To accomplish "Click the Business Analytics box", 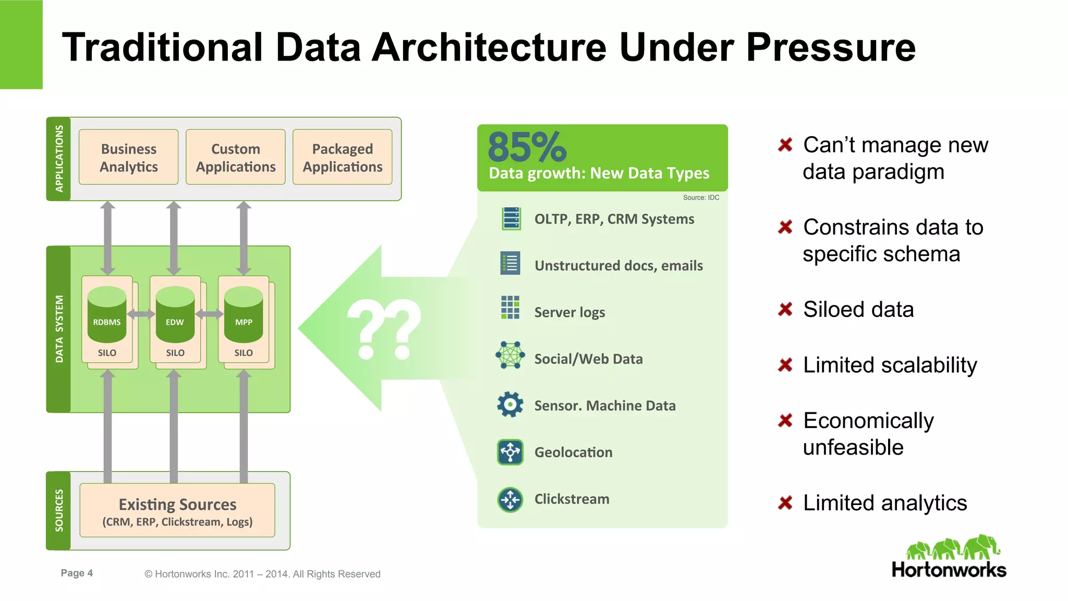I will tap(128, 157).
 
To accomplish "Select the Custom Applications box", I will tap(235, 157).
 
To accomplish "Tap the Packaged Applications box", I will tap(342, 157).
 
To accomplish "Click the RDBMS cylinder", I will tap(107, 313).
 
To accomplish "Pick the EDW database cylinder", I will tap(175, 313).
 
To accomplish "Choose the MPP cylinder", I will tap(243, 313).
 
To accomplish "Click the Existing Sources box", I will tap(177, 510).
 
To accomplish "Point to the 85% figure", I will tap(527, 147).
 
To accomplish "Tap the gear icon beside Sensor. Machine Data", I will tap(510, 404).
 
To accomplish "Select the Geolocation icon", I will tap(510, 451).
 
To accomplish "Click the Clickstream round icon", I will tap(510, 499).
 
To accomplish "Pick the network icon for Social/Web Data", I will tap(510, 355).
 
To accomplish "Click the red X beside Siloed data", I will tap(785, 310).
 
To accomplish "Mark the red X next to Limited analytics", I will tap(785, 503).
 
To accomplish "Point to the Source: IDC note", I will tap(701, 198).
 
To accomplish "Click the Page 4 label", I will tap(77, 573).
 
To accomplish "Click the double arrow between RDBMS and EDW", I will tap(141, 314).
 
